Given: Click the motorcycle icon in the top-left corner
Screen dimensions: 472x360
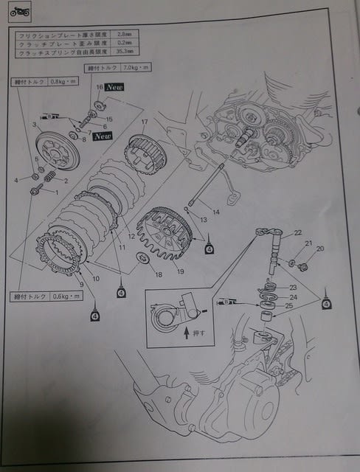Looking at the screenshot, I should (18, 13).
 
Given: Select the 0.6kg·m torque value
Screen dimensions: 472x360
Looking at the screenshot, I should (61, 296).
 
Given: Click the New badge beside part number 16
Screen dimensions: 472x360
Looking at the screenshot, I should (114, 87).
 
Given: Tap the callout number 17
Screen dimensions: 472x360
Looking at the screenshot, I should (145, 122).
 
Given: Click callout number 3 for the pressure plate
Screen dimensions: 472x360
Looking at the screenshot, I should (34, 126).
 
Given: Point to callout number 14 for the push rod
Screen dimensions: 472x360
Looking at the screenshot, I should (215, 212).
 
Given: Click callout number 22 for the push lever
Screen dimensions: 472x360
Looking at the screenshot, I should (297, 232).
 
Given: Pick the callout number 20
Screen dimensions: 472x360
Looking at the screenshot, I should (319, 249).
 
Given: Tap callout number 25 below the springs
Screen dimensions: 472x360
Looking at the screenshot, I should (288, 306).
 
